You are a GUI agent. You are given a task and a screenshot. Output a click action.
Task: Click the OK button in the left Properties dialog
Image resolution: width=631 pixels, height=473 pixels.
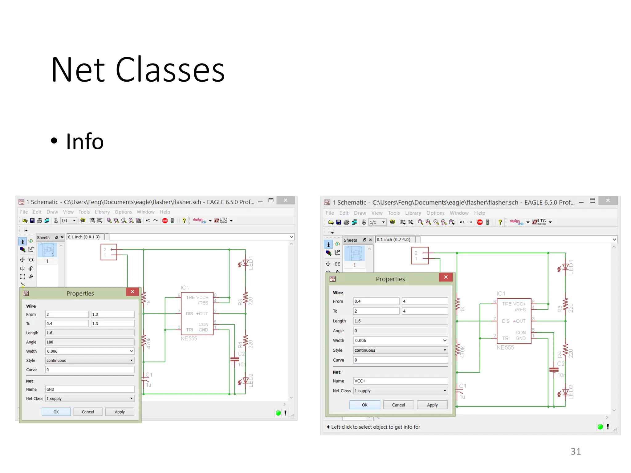pos(56,412)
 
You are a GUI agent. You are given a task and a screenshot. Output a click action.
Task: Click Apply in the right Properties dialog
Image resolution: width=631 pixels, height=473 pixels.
pos(432,405)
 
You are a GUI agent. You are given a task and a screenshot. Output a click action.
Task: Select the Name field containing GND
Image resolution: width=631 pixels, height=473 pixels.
pos(89,389)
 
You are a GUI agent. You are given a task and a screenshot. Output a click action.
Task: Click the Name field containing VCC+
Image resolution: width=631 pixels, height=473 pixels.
pos(400,381)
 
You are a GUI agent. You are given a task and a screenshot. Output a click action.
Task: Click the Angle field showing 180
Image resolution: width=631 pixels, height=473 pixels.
pos(89,342)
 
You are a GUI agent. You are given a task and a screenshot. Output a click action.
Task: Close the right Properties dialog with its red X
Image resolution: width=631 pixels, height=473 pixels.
pos(446,277)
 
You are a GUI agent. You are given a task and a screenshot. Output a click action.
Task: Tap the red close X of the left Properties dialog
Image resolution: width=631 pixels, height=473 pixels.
pos(132,292)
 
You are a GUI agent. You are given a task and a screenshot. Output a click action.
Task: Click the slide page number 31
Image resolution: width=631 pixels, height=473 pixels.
pos(576,451)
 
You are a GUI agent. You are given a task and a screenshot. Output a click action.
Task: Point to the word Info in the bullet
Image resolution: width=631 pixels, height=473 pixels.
pos(85,141)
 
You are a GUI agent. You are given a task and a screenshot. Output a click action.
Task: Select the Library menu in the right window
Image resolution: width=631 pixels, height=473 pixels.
pos(413,213)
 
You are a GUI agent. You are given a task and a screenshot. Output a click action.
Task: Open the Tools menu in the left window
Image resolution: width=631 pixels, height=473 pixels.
pos(84,212)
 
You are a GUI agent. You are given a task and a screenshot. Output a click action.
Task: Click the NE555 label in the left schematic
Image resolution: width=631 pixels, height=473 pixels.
pos(189,338)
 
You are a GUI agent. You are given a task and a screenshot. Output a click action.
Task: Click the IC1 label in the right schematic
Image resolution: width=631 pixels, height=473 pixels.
pos(501,293)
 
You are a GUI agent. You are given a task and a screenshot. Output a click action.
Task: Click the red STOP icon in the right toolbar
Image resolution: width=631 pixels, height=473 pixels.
pos(480,222)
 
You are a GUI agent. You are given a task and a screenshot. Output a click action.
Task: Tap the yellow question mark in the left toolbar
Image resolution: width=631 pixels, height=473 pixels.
pos(184,220)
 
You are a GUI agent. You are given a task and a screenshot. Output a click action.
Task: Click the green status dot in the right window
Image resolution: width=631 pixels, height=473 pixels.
pos(600,427)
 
